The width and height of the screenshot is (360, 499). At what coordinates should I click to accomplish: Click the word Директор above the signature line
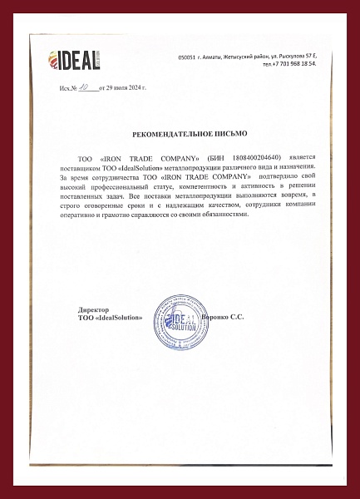[92, 309]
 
